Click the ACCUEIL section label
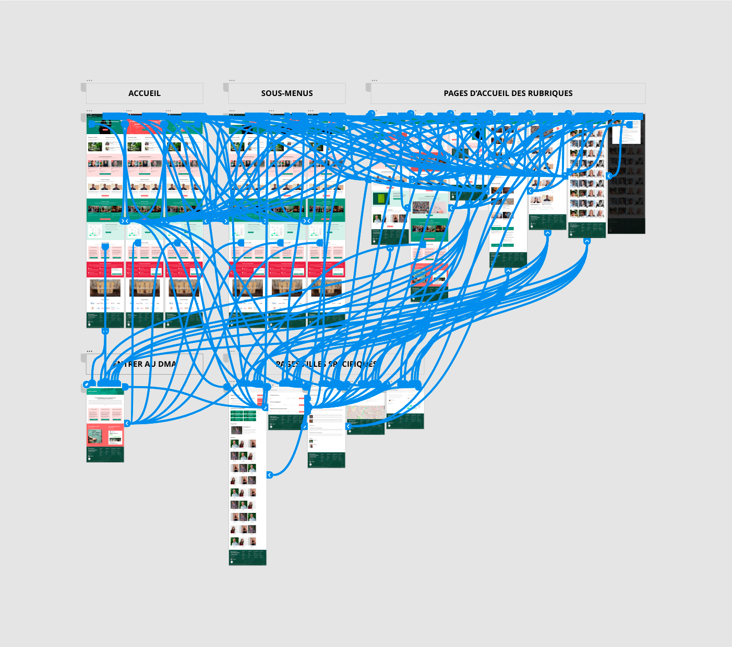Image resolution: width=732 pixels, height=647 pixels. click(x=145, y=93)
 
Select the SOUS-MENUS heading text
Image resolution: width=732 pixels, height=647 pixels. click(x=287, y=93)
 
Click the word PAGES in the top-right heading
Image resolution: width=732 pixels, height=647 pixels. click(x=456, y=93)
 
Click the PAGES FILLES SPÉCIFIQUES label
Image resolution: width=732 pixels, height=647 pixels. click(x=326, y=364)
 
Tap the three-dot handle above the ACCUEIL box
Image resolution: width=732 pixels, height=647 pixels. click(x=89, y=80)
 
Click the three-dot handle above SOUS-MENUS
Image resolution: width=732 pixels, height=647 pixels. click(x=232, y=80)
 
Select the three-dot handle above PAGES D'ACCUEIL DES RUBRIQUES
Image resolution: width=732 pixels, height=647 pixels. click(x=374, y=80)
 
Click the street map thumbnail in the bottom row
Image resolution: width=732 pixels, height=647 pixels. click(x=366, y=412)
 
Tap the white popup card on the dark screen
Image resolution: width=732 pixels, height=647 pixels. click(x=627, y=133)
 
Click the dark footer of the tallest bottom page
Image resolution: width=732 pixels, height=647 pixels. click(x=247, y=557)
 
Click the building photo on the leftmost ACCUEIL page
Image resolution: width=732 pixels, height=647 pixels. click(x=105, y=287)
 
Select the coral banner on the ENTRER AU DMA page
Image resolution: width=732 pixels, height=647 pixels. click(x=105, y=435)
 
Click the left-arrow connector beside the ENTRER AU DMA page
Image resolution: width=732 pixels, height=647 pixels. click(x=127, y=423)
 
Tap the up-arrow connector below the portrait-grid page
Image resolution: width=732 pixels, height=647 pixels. click(x=587, y=241)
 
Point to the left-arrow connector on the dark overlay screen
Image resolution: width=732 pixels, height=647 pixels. click(x=609, y=176)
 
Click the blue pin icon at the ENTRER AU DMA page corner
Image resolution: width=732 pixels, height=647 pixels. click(x=87, y=385)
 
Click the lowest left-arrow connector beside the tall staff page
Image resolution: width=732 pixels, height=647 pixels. click(x=270, y=475)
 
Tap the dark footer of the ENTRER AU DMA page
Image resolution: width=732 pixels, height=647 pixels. click(x=105, y=454)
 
